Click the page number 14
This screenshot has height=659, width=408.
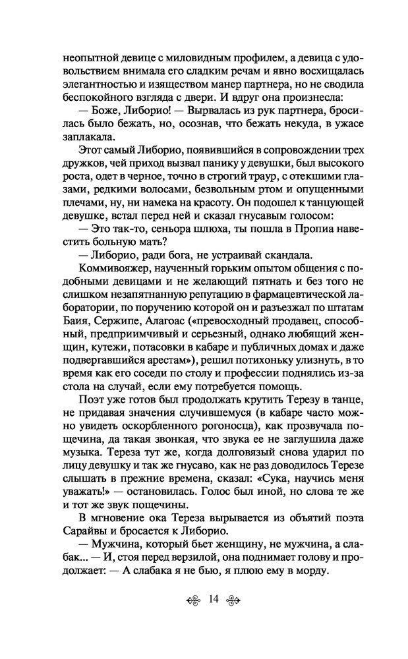pyautogui.click(x=212, y=599)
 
